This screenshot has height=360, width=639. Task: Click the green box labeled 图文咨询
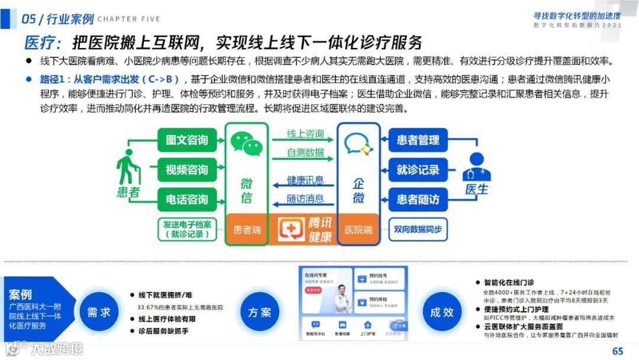(187, 140)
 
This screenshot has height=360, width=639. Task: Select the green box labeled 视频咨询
(187, 170)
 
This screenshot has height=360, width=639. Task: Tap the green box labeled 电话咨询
(187, 200)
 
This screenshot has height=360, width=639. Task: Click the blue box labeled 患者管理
(418, 140)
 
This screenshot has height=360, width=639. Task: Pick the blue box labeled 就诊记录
(418, 170)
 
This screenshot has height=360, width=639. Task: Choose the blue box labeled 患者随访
(418, 200)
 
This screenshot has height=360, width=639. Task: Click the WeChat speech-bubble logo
(246, 144)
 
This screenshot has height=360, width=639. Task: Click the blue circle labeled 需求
(99, 311)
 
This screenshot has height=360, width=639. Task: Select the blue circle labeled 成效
(441, 311)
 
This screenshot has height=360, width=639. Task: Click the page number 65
(618, 351)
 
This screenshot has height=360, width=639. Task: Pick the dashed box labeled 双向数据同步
(418, 229)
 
